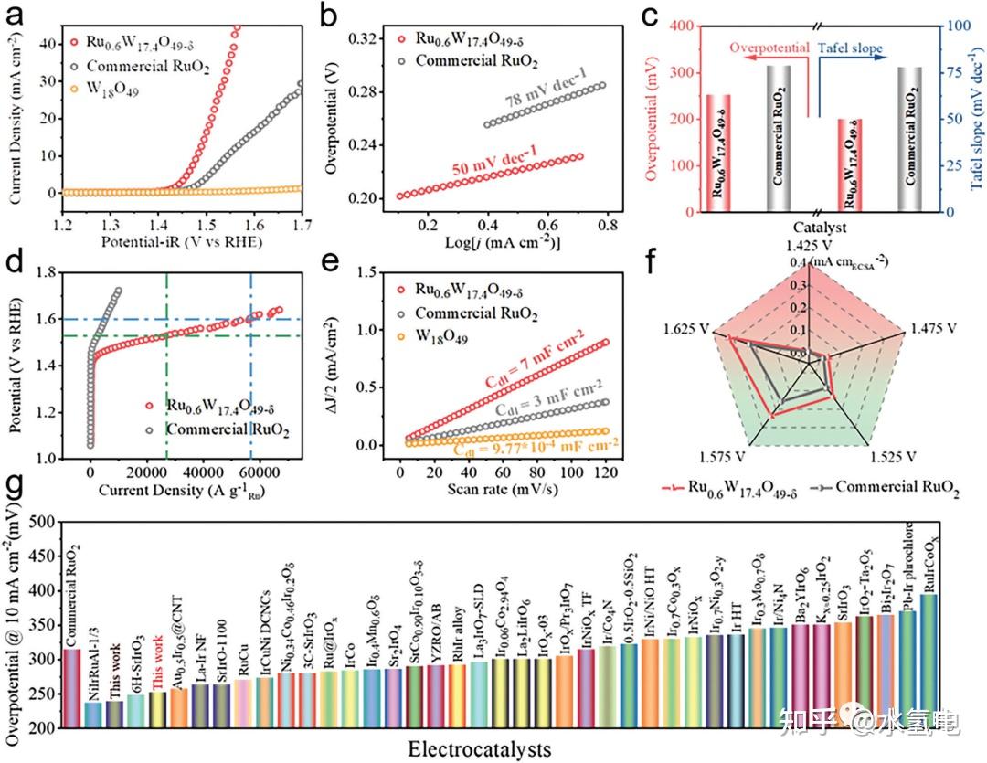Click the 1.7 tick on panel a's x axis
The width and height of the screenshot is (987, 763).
tap(302, 225)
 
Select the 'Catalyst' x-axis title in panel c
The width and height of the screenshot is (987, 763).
tap(817, 227)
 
